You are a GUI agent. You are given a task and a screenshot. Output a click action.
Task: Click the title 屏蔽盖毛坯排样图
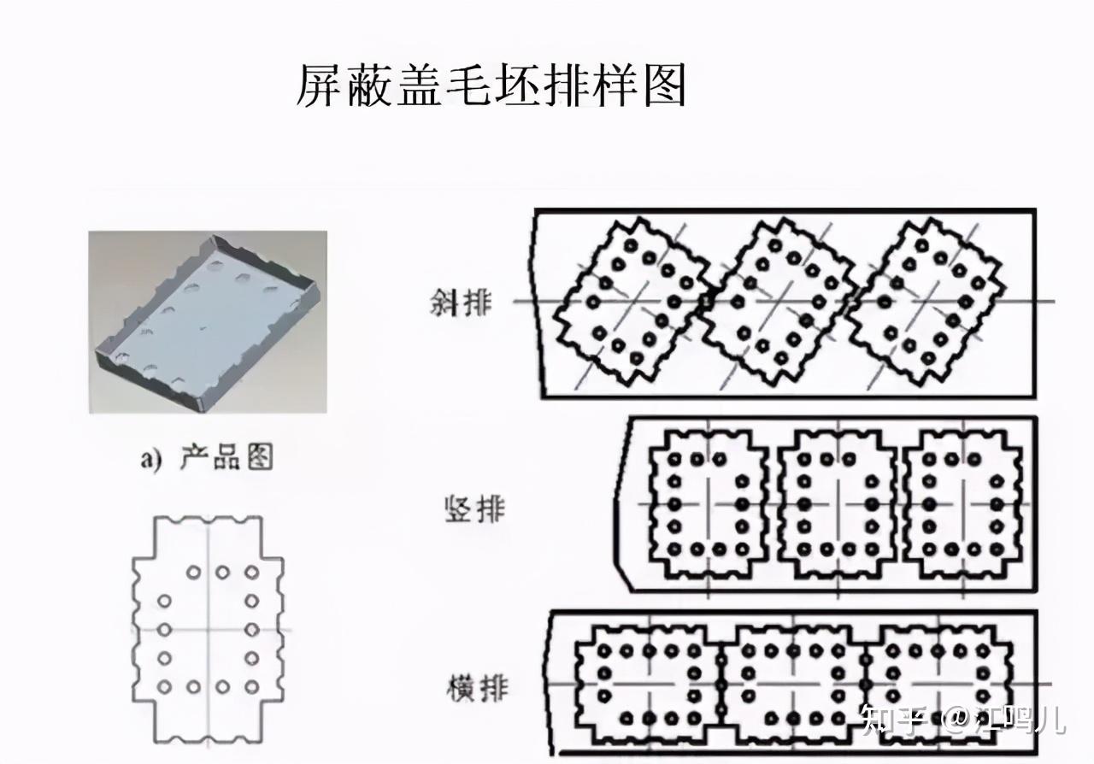point(491,85)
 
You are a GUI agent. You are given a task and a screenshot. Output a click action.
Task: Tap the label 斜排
point(462,303)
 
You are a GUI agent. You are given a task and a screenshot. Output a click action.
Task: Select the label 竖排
point(474,509)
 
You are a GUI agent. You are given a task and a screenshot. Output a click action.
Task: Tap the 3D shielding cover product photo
point(208,321)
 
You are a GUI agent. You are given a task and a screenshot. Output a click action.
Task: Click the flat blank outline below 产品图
point(208,631)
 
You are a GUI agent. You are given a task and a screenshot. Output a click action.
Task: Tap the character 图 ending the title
point(664,85)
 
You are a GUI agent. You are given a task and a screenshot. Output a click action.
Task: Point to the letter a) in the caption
point(151,460)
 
